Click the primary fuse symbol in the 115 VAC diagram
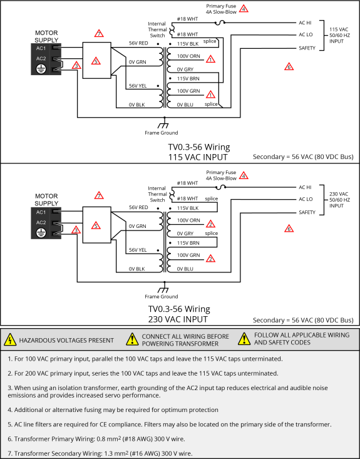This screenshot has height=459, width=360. tap(220, 23)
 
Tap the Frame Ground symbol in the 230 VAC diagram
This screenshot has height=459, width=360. tap(163, 290)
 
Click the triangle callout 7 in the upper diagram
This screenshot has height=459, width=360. tap(99, 33)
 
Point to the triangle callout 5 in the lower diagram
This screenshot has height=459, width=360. tap(96, 225)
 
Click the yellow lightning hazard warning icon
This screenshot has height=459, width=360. tap(10, 339)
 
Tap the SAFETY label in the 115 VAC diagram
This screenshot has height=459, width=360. tap(307, 48)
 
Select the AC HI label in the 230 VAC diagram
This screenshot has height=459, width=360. tap(305, 187)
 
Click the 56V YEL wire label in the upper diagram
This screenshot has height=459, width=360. tap(138, 86)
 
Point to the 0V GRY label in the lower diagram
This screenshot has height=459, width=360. tap(185, 234)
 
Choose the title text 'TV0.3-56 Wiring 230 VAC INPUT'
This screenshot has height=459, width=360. tap(179, 314)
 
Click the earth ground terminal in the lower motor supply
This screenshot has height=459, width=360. tap(41, 233)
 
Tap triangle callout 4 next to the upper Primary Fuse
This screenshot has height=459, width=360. tap(244, 9)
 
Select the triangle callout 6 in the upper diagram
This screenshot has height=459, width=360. tap(289, 67)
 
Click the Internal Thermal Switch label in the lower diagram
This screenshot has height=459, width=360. tap(157, 194)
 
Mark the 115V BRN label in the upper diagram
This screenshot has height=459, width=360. tap(188, 79)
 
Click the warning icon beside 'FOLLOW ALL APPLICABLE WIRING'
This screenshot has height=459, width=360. tap(244, 339)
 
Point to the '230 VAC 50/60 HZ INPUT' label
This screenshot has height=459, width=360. tap(339, 200)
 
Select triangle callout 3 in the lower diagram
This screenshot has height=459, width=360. tap(76, 230)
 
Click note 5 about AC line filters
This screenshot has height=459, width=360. tap(170, 425)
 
